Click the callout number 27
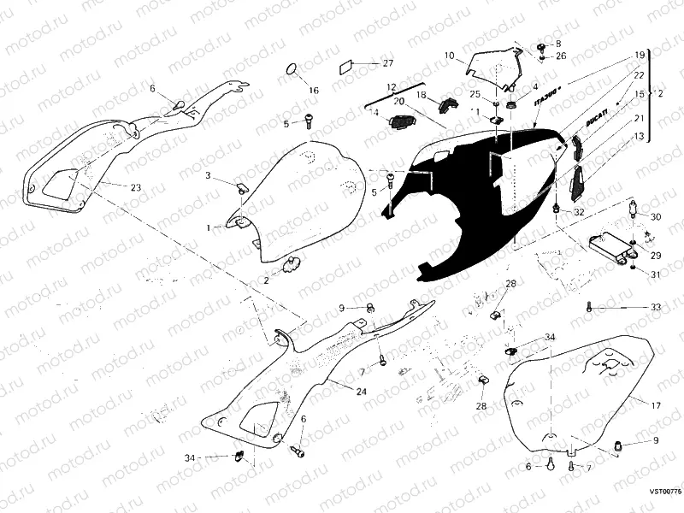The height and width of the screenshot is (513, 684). [x=387, y=64]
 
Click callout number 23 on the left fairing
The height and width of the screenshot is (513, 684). [x=136, y=186]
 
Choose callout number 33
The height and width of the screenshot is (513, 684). [x=655, y=306]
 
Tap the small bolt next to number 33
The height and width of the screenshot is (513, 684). [x=589, y=305]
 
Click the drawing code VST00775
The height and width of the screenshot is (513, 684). [x=663, y=492]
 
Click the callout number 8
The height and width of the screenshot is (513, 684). [x=558, y=44]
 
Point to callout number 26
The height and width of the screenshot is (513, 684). [x=561, y=56]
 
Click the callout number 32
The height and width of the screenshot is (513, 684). [x=579, y=212]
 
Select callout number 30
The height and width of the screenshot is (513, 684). [x=656, y=217]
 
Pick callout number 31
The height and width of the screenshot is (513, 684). [x=656, y=274]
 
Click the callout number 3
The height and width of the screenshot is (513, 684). [x=207, y=175]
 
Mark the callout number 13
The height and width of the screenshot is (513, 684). [x=639, y=135]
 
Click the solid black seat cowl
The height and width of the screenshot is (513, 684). [x=470, y=205]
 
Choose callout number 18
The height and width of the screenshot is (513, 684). [x=421, y=97]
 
